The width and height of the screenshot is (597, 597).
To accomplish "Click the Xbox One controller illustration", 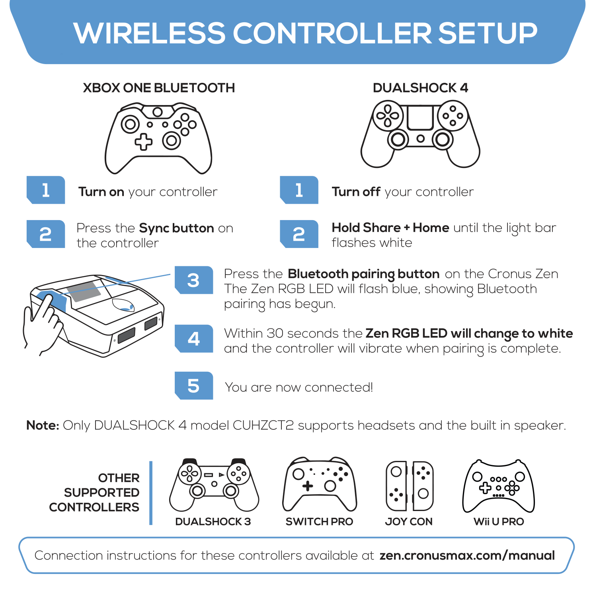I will (x=158, y=138).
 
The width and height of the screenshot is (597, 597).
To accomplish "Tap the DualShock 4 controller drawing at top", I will (x=420, y=133).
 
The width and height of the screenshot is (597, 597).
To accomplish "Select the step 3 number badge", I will (x=194, y=280).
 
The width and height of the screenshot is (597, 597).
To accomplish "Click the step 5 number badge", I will (x=194, y=386).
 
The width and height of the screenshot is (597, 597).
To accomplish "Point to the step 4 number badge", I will (x=194, y=339).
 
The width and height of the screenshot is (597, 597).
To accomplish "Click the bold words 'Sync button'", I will (x=177, y=228).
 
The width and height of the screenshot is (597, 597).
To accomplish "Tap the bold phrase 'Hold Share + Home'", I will (x=390, y=228).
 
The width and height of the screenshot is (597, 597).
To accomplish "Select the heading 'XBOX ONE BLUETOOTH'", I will (x=159, y=88).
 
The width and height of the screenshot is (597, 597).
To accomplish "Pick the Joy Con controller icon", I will (x=409, y=486).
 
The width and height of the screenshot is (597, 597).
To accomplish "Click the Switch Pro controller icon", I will (x=320, y=484).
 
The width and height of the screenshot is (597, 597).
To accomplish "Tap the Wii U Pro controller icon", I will (x=498, y=486).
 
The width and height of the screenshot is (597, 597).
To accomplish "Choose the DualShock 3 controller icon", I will (x=214, y=485).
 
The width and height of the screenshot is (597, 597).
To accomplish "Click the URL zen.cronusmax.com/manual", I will (x=467, y=556).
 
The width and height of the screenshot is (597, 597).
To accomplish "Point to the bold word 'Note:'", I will (x=43, y=425).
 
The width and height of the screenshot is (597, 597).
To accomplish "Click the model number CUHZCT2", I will (x=263, y=425).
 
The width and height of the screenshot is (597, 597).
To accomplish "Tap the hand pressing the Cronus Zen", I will (x=42, y=322).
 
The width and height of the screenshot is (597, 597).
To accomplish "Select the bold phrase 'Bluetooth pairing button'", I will (x=363, y=274).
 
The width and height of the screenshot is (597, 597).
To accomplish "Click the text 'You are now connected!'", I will (x=299, y=387).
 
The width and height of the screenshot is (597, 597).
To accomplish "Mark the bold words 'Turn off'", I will (x=356, y=192).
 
